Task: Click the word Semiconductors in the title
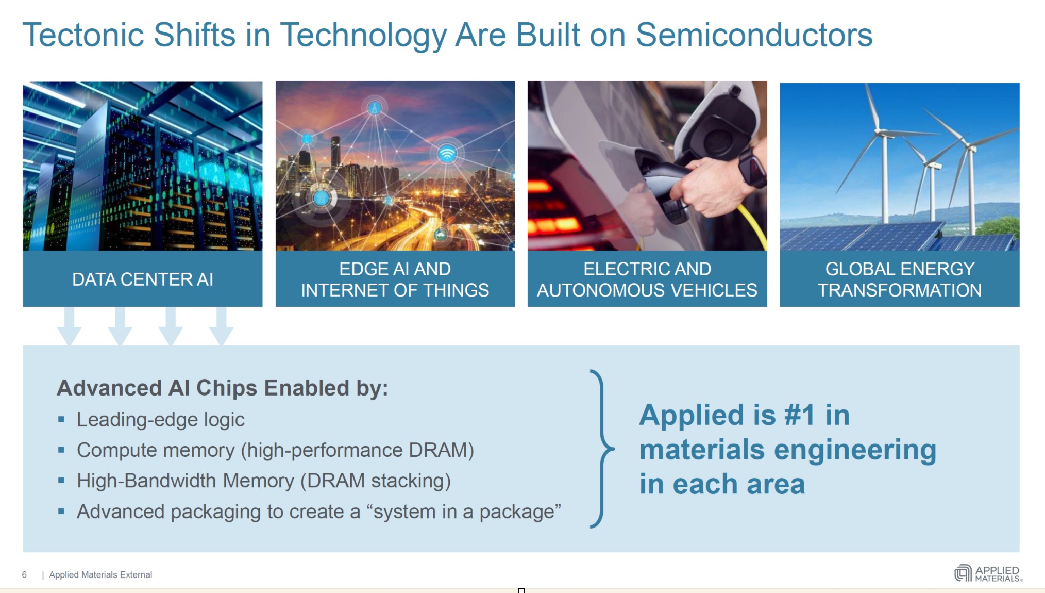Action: pyautogui.click(x=754, y=35)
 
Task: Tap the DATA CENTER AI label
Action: pyautogui.click(x=143, y=279)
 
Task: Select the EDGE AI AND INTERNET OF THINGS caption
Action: pyautogui.click(x=395, y=279)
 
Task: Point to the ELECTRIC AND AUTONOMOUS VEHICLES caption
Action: pyautogui.click(x=647, y=279)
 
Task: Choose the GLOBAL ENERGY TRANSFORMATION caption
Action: pyautogui.click(x=900, y=279)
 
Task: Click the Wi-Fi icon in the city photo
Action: pyautogui.click(x=447, y=154)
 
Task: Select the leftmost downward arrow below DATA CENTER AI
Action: pyautogui.click(x=69, y=326)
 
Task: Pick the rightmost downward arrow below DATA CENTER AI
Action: pyautogui.click(x=222, y=326)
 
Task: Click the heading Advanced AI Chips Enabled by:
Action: pyautogui.click(x=222, y=388)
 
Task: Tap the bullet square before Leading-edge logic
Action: pyautogui.click(x=61, y=419)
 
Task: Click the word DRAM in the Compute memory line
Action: pyautogui.click(x=438, y=450)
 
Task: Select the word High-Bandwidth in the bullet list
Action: pyautogui.click(x=146, y=481)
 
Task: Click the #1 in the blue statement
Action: pyautogui.click(x=800, y=415)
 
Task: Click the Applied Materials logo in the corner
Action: pyautogui.click(x=988, y=573)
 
